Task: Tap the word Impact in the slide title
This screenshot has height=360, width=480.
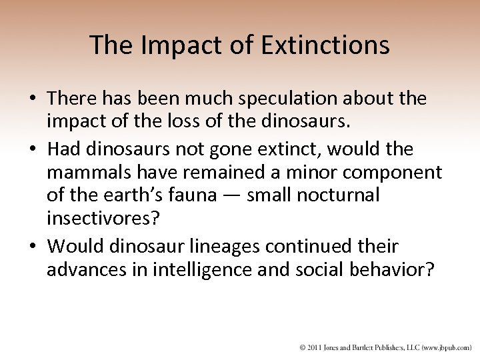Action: coord(173,45)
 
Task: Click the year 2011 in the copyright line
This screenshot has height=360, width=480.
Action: coord(313,348)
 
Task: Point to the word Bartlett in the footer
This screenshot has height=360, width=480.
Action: coord(363,348)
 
